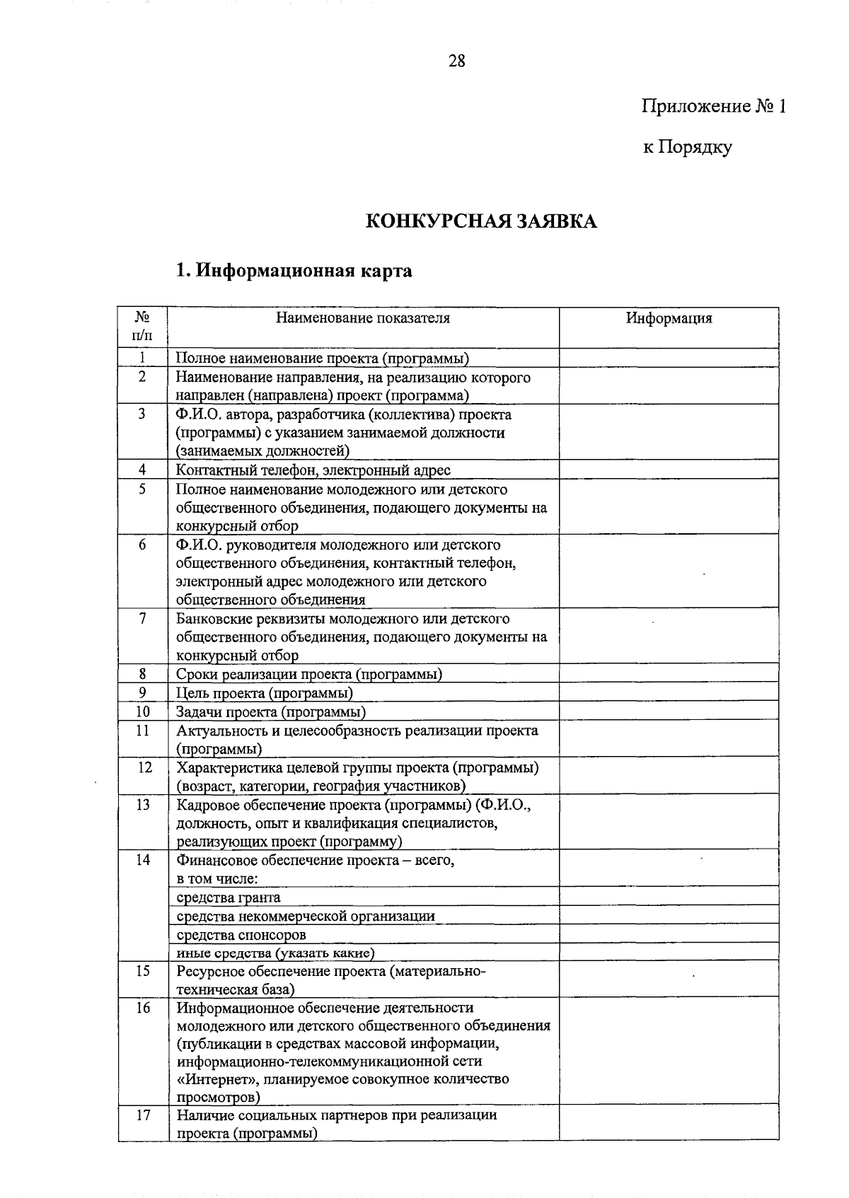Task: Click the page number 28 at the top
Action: pyautogui.click(x=457, y=61)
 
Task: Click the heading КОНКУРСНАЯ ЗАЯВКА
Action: pyautogui.click(x=481, y=221)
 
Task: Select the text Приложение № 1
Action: pyautogui.click(x=713, y=107)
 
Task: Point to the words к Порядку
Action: pyautogui.click(x=687, y=147)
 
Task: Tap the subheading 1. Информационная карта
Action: pyautogui.click(x=294, y=271)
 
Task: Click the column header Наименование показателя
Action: pyautogui.click(x=363, y=318)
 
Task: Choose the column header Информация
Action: pyautogui.click(x=669, y=318)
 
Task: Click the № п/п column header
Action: pyautogui.click(x=142, y=326)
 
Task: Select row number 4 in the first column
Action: pyautogui.click(x=142, y=470)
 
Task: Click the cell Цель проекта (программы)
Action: pyautogui.click(x=265, y=693)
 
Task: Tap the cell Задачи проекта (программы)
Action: pyautogui.click(x=271, y=711)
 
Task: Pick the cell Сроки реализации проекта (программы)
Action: pyautogui.click(x=309, y=674)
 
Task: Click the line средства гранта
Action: pyautogui.click(x=229, y=897)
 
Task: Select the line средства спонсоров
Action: pyautogui.click(x=241, y=935)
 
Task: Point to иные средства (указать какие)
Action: pyautogui.click(x=275, y=953)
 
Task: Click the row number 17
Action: pyautogui.click(x=143, y=1115)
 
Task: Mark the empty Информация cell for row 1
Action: pyautogui.click(x=669, y=359)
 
